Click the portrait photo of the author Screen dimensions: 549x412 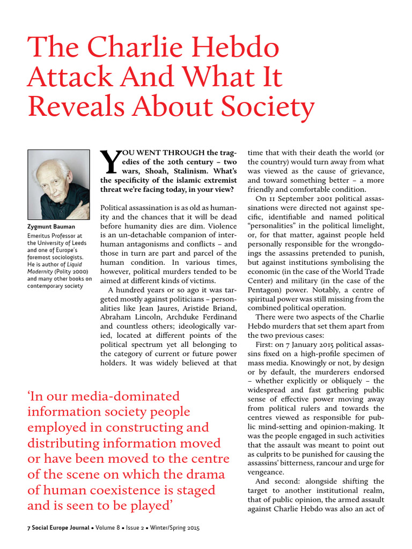click(x=58, y=184)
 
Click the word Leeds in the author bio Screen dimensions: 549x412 click(x=77, y=243)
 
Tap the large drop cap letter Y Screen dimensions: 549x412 click(x=108, y=164)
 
